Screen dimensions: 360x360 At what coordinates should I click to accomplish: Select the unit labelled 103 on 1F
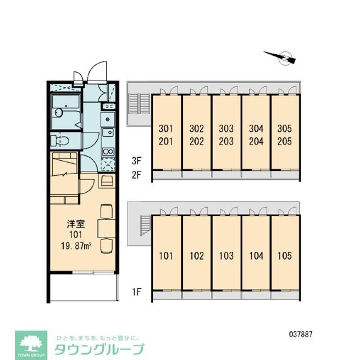point(226,256)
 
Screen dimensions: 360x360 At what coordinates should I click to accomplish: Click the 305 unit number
point(285,129)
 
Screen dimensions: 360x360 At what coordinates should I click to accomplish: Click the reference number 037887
point(300,333)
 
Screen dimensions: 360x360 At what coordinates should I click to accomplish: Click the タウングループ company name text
point(99,349)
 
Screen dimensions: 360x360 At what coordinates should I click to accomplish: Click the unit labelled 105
point(285,256)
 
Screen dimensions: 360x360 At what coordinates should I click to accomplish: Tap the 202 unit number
point(197,141)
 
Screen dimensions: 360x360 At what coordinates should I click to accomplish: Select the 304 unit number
point(256,129)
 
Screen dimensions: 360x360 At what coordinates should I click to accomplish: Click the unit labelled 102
point(197,256)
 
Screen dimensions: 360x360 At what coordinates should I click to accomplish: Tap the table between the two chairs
point(106,228)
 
